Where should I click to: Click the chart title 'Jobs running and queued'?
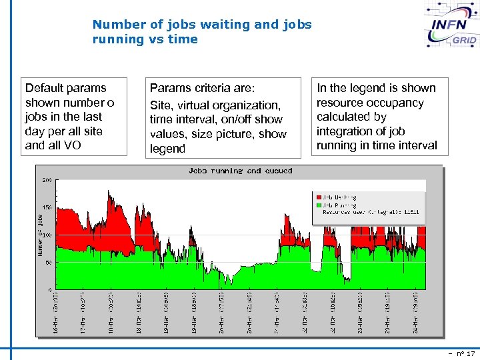[x=240, y=171]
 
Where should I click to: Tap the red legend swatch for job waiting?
[x=318, y=197]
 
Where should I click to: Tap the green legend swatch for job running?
[x=318, y=205]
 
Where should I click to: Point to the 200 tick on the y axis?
[x=47, y=180]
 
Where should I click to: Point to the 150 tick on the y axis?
[x=47, y=208]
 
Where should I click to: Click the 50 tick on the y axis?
[x=49, y=263]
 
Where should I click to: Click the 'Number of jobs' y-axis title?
[x=40, y=233]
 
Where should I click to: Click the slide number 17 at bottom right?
[x=471, y=353]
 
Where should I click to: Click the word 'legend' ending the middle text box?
[x=167, y=149]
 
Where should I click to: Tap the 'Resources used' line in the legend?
[x=370, y=212]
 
